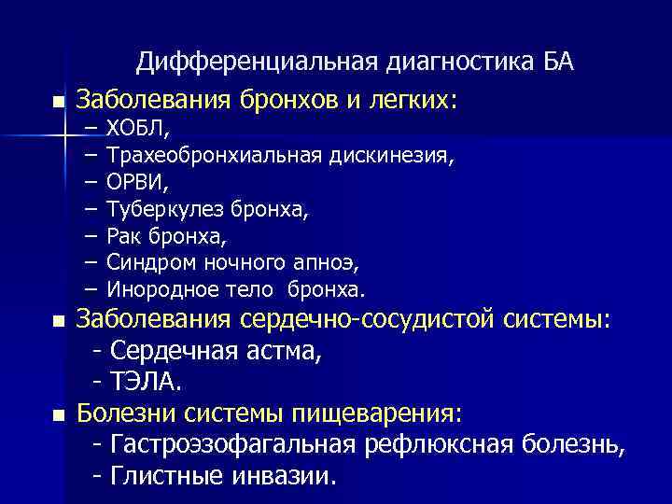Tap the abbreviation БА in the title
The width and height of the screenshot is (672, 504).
click(x=558, y=63)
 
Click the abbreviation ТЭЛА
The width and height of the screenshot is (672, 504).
click(x=147, y=382)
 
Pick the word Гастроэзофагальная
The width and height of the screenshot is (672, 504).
click(x=233, y=444)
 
